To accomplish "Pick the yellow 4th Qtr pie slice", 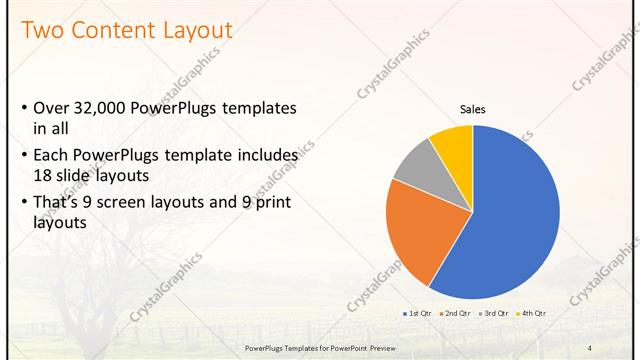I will pyautogui.click(x=454, y=145).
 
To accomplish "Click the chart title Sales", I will pyautogui.click(x=473, y=109).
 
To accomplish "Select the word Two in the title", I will pyautogui.click(x=43, y=30).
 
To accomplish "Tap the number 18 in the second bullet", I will pyautogui.click(x=44, y=174).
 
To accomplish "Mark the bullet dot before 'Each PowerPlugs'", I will pyautogui.click(x=24, y=157).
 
